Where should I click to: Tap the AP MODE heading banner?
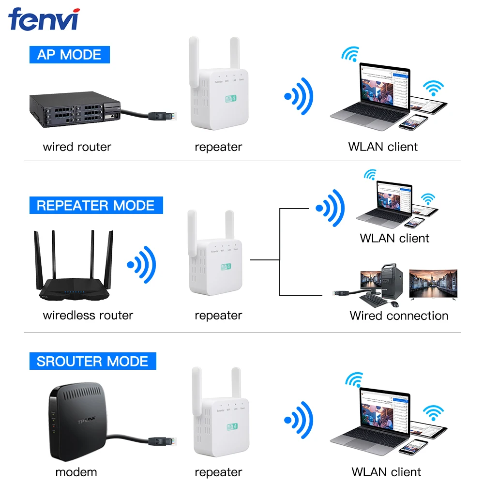click(69, 54)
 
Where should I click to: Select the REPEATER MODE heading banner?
click(95, 205)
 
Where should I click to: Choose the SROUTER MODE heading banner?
click(92, 362)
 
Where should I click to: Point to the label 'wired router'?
click(77, 147)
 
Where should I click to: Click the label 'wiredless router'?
click(88, 316)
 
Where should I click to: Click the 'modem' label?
click(76, 472)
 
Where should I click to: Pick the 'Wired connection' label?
click(399, 316)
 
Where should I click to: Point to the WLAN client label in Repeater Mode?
click(394, 238)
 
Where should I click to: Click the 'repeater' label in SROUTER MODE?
click(218, 472)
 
